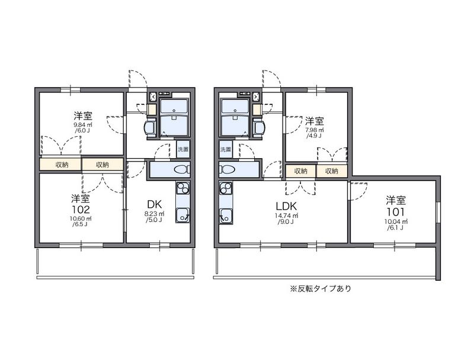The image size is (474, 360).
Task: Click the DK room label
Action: [x=155, y=204]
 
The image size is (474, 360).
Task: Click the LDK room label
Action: [x=286, y=206]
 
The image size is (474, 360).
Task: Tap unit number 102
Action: [x=81, y=209]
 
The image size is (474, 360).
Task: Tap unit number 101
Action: [x=395, y=211]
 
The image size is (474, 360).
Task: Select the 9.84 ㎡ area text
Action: [x=83, y=125]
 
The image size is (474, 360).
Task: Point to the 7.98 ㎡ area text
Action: [x=315, y=130]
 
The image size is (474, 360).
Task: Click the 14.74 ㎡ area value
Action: [x=286, y=216]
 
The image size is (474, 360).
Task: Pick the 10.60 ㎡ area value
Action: [x=81, y=218]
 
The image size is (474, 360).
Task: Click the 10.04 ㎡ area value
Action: [x=395, y=221]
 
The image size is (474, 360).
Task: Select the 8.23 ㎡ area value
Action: [x=155, y=214]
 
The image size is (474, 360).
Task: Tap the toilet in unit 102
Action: [x=182, y=170]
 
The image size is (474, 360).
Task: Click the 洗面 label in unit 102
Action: [x=182, y=149]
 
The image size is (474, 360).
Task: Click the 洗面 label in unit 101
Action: [x=225, y=149]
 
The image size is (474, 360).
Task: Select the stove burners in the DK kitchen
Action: [x=182, y=188]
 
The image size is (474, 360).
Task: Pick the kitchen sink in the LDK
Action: [x=226, y=216]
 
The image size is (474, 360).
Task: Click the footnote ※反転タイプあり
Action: [x=321, y=289]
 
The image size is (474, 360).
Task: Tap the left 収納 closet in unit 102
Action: [x=62, y=165]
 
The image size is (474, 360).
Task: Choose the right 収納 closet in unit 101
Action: [x=332, y=171]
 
